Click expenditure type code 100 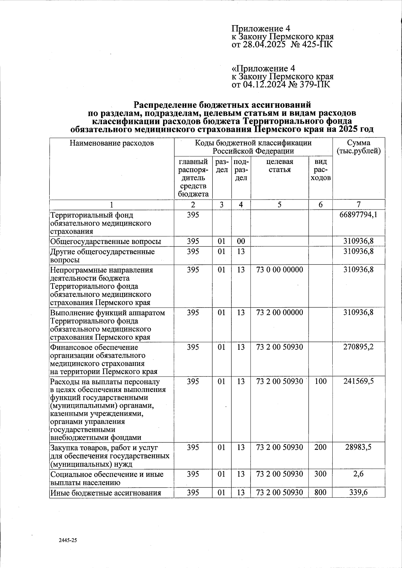[x=321, y=382]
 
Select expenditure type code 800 [x=321, y=493]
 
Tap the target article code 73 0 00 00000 [x=279, y=270]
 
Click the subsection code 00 [x=241, y=241]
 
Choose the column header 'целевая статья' [x=279, y=166]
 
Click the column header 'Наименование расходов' [x=112, y=144]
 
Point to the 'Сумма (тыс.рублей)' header [x=358, y=147]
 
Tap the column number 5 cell [x=279, y=205]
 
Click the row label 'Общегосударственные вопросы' [x=106, y=242]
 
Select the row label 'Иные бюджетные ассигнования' [x=106, y=493]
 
